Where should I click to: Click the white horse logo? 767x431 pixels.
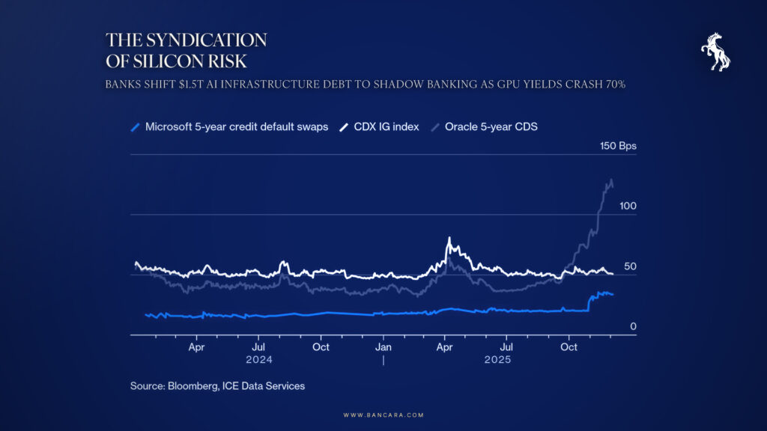pos(715,52)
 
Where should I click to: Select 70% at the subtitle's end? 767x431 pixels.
pos(612,85)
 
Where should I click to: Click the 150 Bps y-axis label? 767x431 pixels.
pos(618,146)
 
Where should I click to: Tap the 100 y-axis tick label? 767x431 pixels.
pos(627,205)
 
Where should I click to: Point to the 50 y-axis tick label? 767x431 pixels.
pos(630,266)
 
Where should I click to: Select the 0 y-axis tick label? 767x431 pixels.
pos(633,326)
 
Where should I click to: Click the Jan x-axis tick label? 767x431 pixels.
pos(383,347)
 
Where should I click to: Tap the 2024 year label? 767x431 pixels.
pos(258,359)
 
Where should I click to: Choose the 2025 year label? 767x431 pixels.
pos(497,359)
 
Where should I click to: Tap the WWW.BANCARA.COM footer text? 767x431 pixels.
pos(383,415)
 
